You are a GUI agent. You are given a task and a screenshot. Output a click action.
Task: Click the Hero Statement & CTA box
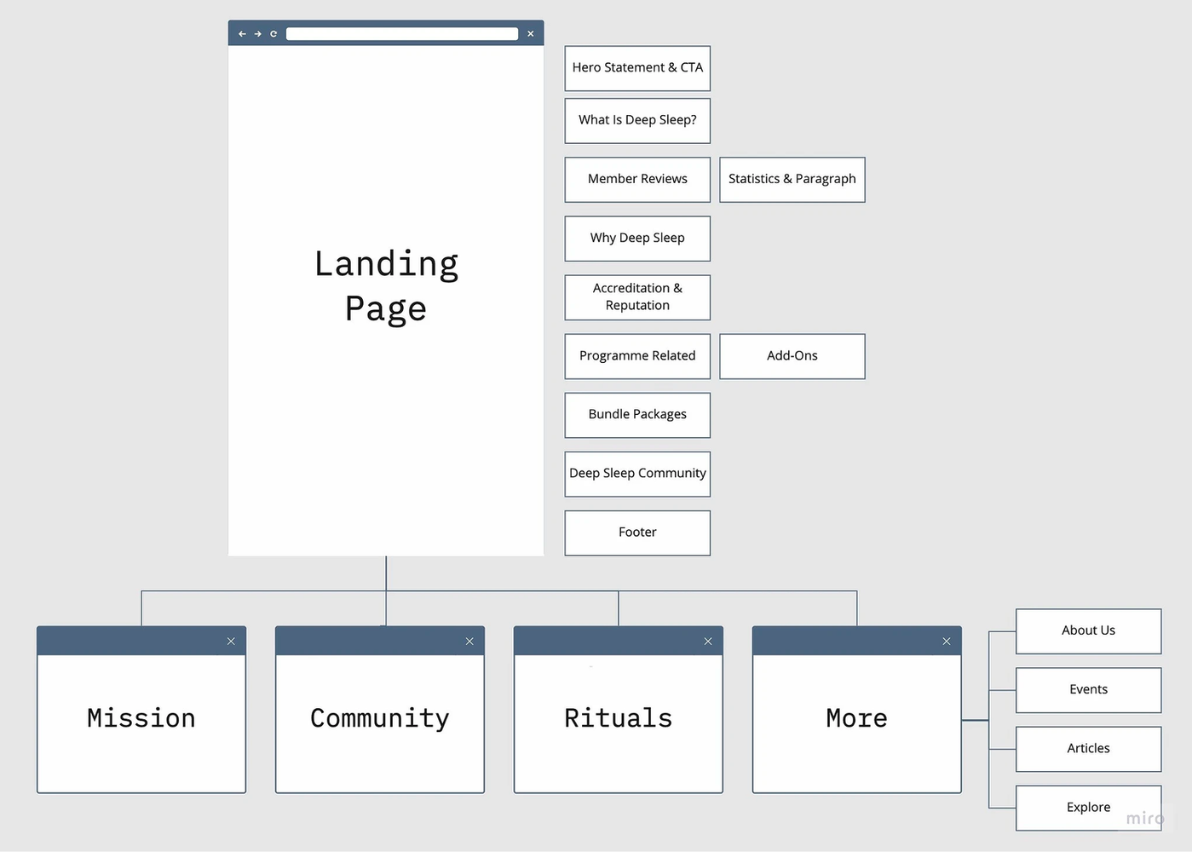[x=637, y=68]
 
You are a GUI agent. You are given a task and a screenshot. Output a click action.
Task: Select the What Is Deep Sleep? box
[x=637, y=120]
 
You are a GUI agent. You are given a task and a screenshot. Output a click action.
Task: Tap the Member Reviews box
[x=637, y=179]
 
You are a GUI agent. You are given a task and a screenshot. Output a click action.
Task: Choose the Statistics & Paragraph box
[x=792, y=179]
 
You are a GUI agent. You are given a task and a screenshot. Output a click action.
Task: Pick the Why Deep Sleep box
[x=637, y=238]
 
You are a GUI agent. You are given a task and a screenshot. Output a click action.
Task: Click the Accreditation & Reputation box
[x=637, y=296]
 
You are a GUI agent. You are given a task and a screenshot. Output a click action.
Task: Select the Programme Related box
[x=637, y=355]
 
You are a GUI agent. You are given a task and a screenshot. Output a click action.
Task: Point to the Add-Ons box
[x=792, y=355]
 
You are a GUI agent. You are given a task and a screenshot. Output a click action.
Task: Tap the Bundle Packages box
[x=637, y=414]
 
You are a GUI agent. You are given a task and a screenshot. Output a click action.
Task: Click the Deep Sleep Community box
[x=637, y=473]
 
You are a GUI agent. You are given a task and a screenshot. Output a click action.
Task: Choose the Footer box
[x=637, y=532]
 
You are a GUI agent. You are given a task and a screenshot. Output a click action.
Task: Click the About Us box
[x=1088, y=630]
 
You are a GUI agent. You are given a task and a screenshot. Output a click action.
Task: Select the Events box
[x=1088, y=689]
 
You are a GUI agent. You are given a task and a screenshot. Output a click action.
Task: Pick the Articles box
[x=1088, y=748]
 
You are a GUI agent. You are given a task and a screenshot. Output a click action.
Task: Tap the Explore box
[x=1088, y=807]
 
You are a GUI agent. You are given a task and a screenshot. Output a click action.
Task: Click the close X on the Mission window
[x=231, y=642]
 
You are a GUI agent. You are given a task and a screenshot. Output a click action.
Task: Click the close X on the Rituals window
[x=708, y=642]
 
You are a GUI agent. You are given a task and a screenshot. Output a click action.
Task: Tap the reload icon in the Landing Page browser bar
[x=274, y=34]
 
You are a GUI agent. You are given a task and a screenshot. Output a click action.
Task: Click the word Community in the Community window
[x=379, y=718]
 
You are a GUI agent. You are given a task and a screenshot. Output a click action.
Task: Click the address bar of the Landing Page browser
[x=401, y=34]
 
